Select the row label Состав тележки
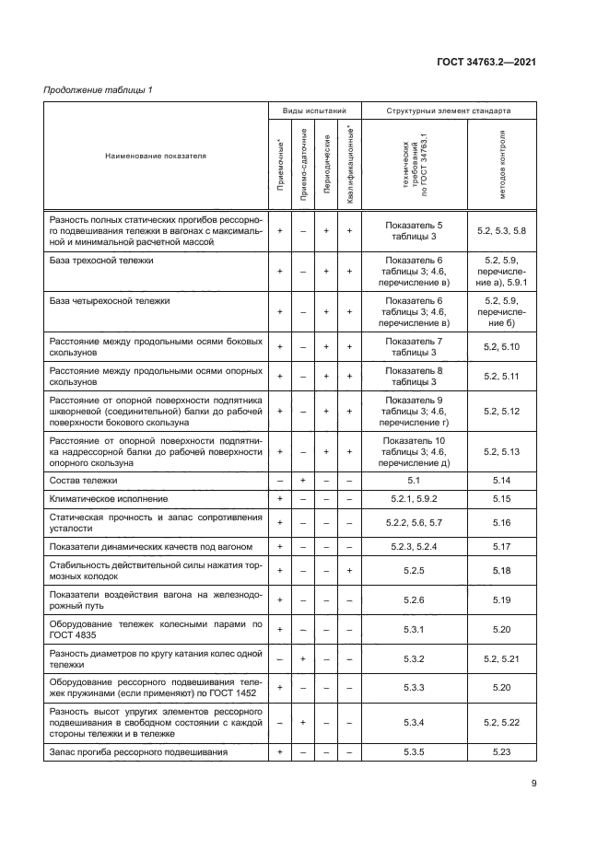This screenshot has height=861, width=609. (x=83, y=481)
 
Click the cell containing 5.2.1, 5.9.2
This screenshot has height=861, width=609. (x=414, y=498)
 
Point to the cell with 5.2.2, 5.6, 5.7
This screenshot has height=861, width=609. (x=414, y=522)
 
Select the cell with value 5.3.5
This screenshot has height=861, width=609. (x=414, y=752)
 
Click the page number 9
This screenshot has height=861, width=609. (x=533, y=784)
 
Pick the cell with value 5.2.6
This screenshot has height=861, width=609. (x=414, y=599)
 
